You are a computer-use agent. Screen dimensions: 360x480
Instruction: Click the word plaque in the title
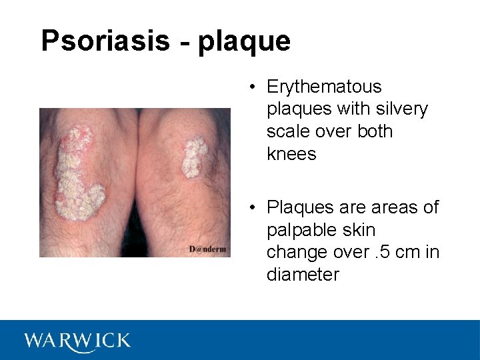[x=245, y=42]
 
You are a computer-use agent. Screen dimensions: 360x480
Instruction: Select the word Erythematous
[x=324, y=87]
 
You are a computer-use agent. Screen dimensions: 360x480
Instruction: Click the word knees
[x=291, y=153]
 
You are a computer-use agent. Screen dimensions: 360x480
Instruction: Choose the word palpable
[x=300, y=230]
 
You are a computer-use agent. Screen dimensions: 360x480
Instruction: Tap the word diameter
[x=303, y=274]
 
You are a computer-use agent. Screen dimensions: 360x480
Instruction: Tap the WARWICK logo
[x=77, y=341]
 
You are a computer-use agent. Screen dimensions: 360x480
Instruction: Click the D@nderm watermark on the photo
[x=207, y=249]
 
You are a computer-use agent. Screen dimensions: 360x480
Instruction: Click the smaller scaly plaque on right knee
[x=193, y=157]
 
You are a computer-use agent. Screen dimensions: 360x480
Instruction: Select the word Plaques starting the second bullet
[x=297, y=207]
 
